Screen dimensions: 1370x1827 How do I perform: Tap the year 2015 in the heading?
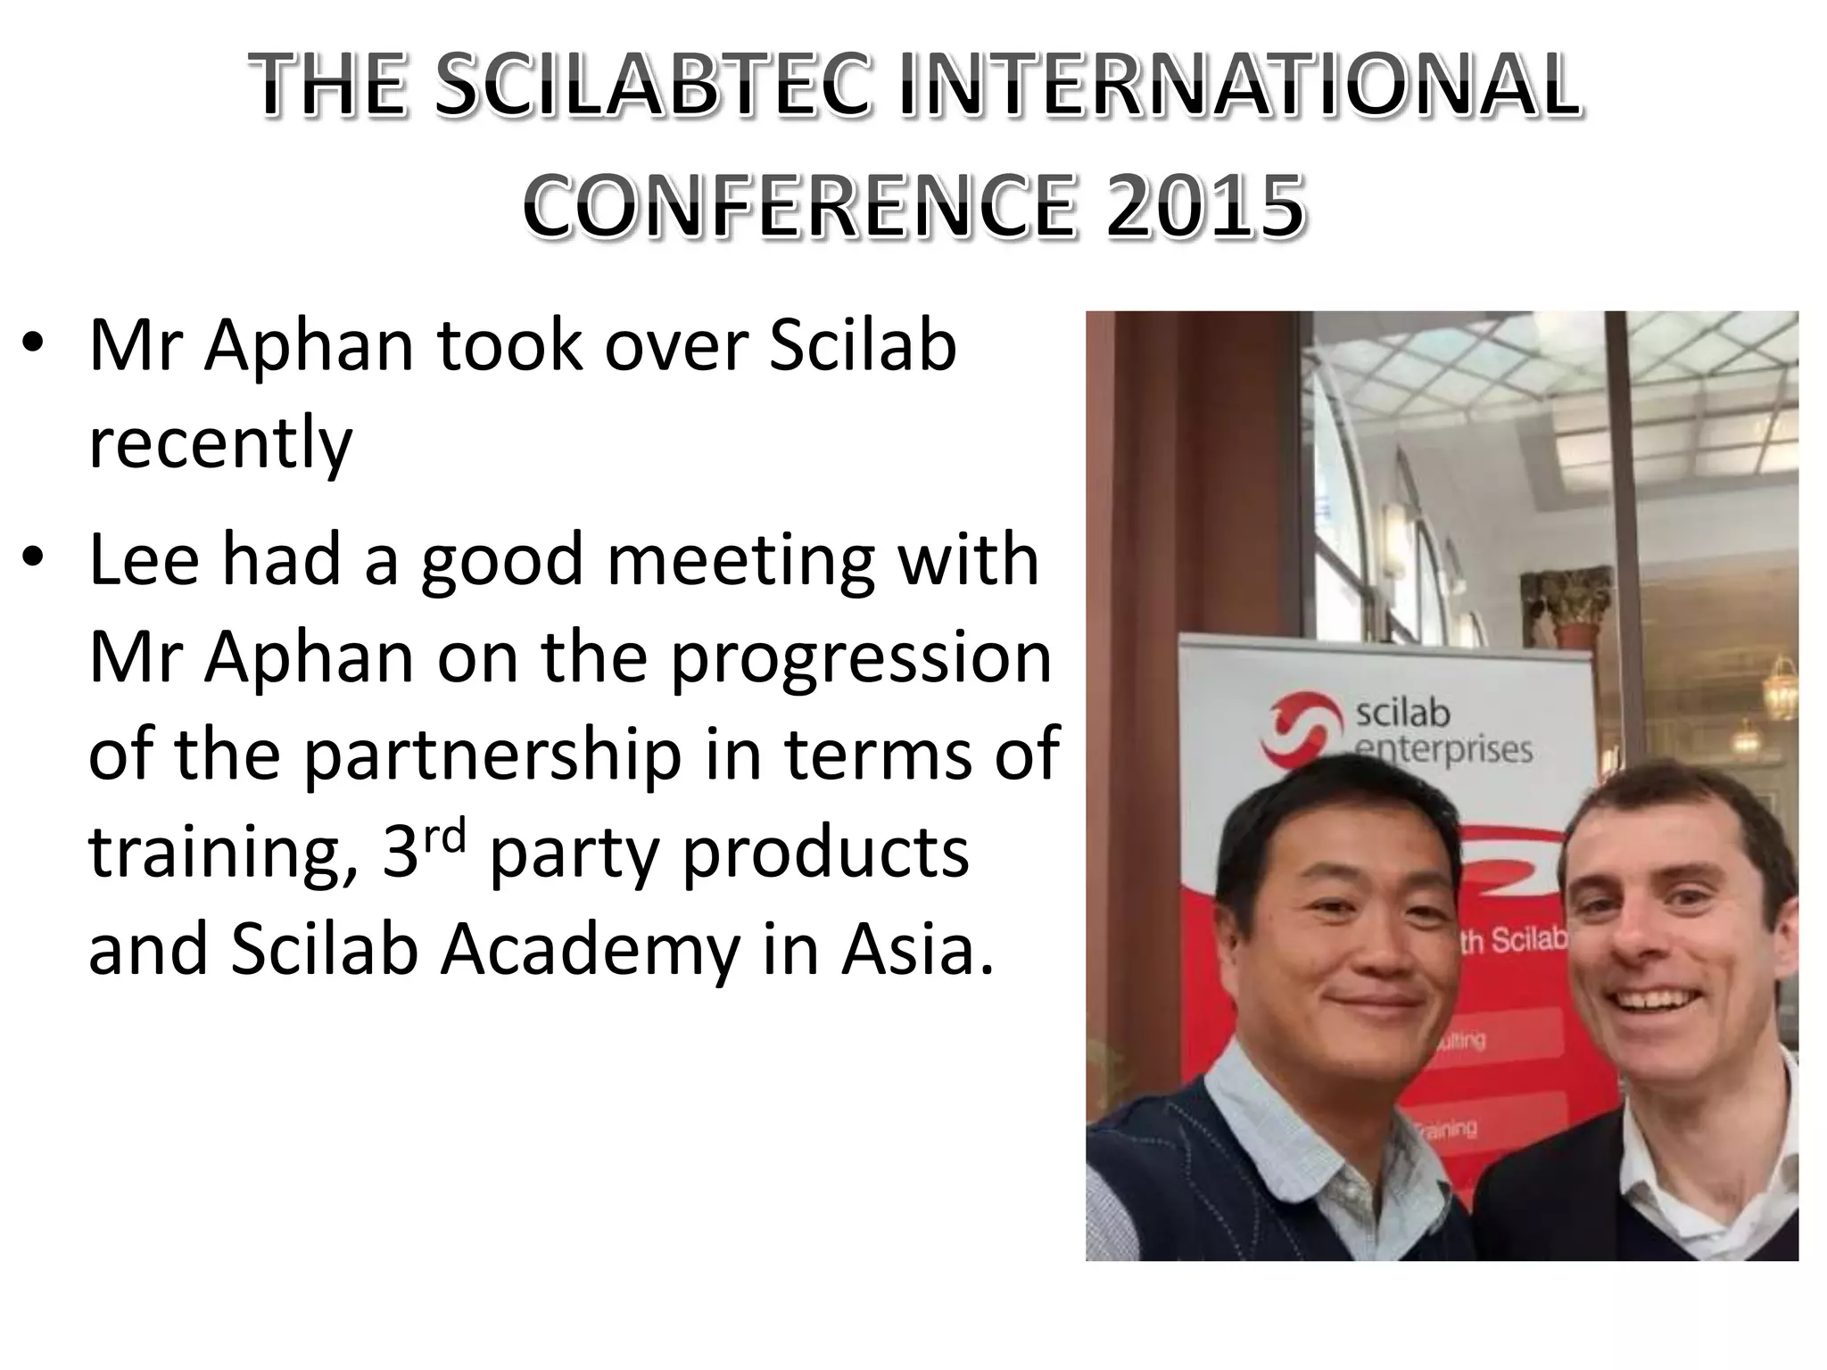(x=1205, y=206)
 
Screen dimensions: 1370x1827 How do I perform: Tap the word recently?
(x=220, y=443)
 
